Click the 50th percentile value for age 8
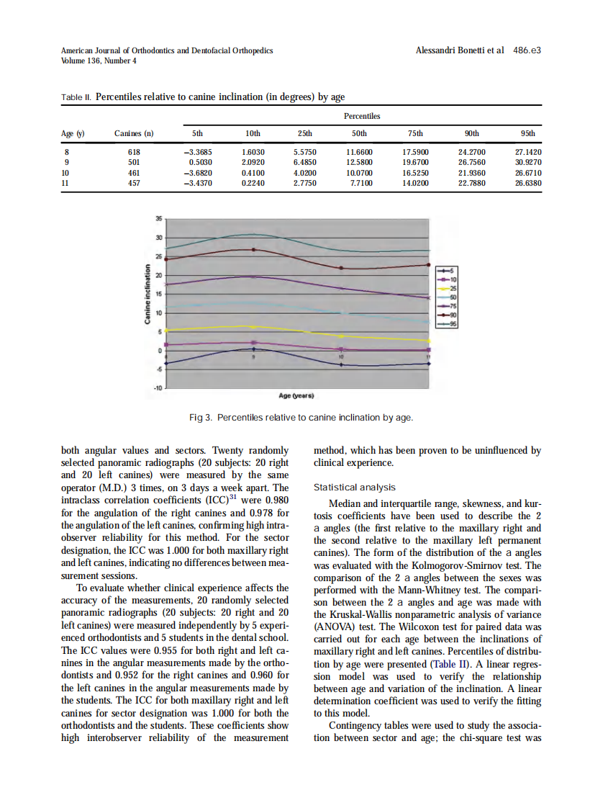[x=358, y=153]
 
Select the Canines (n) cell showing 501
[x=134, y=163]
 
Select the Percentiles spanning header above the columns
[x=361, y=116]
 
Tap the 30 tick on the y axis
[x=158, y=238]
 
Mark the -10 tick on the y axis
[x=157, y=388]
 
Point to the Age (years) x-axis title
[x=296, y=396]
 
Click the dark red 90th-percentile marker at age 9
[x=253, y=250]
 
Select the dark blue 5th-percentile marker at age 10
[x=341, y=365]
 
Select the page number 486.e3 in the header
[x=527, y=51]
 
